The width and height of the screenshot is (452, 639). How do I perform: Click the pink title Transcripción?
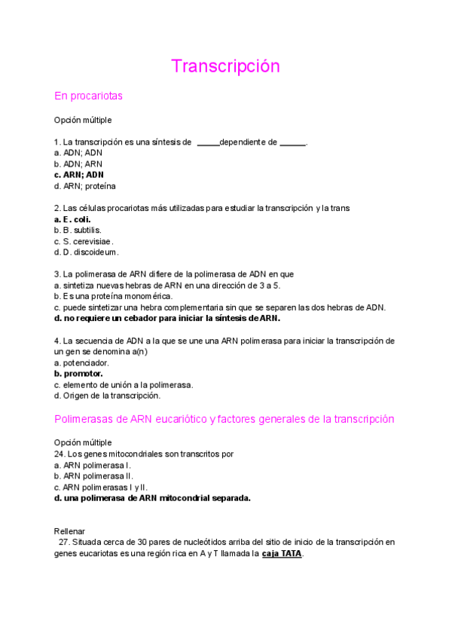(225, 66)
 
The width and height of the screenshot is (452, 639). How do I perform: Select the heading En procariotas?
(88, 96)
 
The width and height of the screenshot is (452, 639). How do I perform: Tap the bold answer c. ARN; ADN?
(78, 175)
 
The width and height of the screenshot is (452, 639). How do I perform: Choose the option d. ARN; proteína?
(84, 186)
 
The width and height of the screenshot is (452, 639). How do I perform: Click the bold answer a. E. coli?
(72, 219)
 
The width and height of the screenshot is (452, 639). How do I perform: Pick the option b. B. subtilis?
(78, 230)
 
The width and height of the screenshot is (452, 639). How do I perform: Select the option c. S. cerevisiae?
(84, 241)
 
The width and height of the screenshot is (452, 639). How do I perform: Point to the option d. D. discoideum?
(86, 252)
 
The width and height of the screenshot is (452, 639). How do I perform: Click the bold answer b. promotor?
(78, 373)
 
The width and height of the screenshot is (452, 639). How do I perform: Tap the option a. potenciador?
(82, 362)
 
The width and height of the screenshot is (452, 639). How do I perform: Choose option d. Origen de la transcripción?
(107, 396)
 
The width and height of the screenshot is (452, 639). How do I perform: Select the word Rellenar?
(70, 531)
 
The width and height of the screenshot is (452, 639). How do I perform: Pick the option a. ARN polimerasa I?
(92, 465)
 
